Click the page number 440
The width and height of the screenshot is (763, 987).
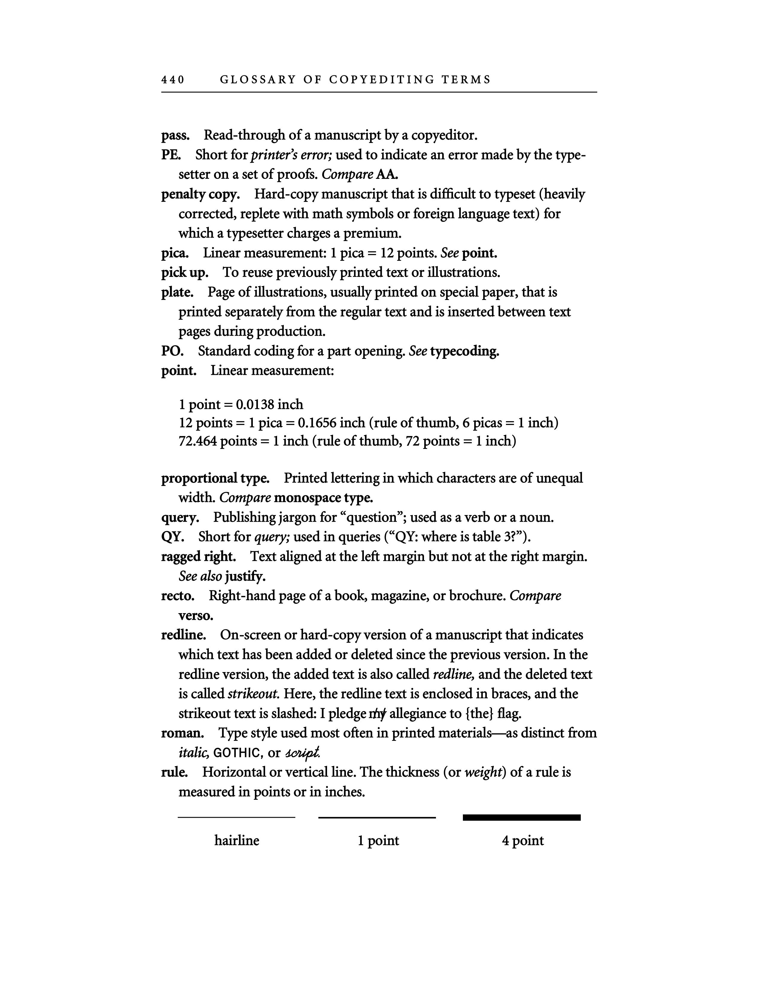coord(173,80)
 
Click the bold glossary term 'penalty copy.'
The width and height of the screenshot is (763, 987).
coord(200,194)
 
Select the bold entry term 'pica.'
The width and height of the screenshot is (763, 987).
coord(175,253)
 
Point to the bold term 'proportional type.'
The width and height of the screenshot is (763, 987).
coord(215,478)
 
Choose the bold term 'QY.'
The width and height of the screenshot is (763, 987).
coord(172,537)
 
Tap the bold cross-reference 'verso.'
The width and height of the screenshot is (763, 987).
coord(196,616)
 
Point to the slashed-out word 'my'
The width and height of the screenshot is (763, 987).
coord(378,714)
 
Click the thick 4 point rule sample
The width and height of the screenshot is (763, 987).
coord(522,817)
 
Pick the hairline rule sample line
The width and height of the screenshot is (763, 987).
coord(236,817)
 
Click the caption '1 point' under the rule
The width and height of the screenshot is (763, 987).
coord(378,840)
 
